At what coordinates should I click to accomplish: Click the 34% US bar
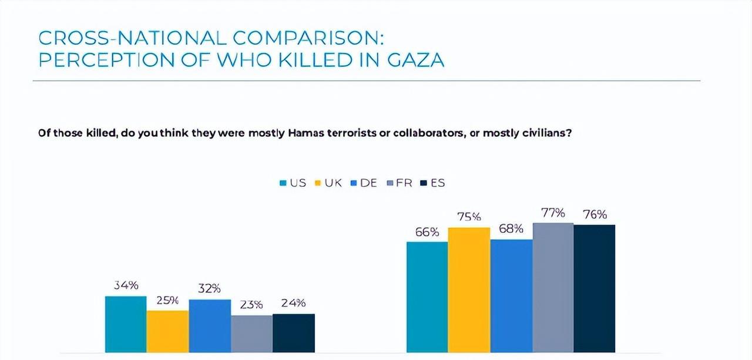coord(126,324)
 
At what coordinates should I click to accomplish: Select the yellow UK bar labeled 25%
coord(167,331)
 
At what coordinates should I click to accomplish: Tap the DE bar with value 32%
coord(210,326)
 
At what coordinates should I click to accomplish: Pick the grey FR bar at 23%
coord(251,334)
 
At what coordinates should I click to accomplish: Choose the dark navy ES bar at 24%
coord(294,333)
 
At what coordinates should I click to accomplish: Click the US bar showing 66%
coord(427,297)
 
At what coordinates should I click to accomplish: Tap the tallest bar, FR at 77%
coord(553,287)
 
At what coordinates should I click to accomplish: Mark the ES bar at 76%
coord(595,288)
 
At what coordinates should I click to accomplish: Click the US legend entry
coord(293,183)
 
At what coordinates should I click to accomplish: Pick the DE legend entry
coord(364,183)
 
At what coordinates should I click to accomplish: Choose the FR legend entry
coord(399,183)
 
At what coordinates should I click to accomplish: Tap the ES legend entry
coord(433,183)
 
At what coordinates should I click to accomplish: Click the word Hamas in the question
coord(304,133)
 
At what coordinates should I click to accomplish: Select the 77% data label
coord(553,213)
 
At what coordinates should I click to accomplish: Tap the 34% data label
coord(126,286)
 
